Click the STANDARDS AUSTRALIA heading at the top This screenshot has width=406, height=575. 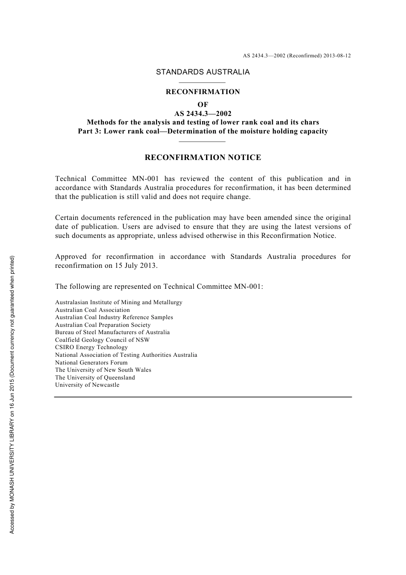point(203,72)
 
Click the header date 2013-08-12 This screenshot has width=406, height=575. point(337,56)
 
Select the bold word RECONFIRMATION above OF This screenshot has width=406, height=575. point(203,92)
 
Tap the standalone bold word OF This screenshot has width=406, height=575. point(203,104)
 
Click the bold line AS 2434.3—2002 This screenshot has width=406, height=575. point(203,113)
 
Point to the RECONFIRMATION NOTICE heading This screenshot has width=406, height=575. point(203,157)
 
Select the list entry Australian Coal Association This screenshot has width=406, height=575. point(92,310)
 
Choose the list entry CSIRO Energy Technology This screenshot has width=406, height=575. point(91,347)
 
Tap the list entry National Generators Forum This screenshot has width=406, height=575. point(91,362)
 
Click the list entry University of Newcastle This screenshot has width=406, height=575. point(87,385)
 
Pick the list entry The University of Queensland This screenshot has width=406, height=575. point(95,377)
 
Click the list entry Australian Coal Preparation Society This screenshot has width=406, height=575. point(103,325)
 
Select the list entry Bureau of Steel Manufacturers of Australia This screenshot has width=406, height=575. point(112,332)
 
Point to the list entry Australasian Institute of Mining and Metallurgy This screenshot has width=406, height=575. point(119,302)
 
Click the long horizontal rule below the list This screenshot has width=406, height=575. point(203,397)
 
